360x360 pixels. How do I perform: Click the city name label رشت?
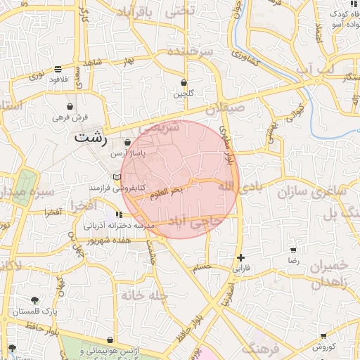pos(91,137)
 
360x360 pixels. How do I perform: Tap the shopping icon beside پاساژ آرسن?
pos(127,143)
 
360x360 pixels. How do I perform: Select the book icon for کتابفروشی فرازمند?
pos(117,177)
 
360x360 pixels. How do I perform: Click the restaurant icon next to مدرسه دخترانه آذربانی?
pos(118,214)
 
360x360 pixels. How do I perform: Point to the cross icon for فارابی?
pos(241,258)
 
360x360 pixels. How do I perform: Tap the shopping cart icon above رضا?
pos(293,250)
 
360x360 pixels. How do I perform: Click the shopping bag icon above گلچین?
pos(184,82)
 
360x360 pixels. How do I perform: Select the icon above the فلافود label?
pos(57,69)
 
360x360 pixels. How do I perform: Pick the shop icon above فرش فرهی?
pos(70,106)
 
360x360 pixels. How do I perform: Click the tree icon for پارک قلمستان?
pos(34,300)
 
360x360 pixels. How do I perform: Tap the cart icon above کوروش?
pos(323,337)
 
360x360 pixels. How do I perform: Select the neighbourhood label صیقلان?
pos(226,110)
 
